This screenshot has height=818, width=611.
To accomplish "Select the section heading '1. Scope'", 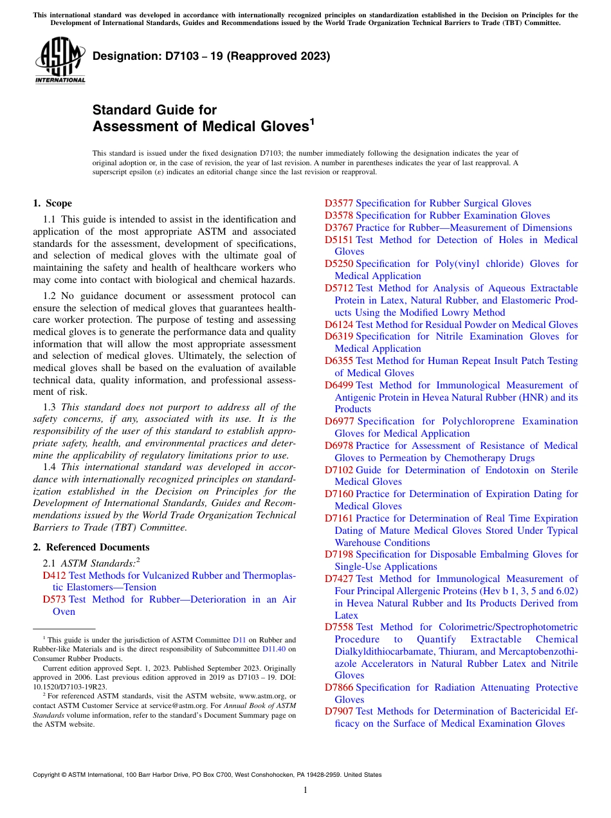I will (x=52, y=203).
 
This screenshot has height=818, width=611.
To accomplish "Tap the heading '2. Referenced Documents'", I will (x=91, y=547).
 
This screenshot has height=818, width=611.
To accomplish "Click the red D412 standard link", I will (x=54, y=575).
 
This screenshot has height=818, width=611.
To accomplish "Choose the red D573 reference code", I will (x=54, y=599).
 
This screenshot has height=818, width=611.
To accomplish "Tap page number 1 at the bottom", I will (x=305, y=790).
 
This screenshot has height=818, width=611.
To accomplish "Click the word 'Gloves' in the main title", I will (x=282, y=127).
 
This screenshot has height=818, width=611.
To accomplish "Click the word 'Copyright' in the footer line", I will (x=50, y=775).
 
